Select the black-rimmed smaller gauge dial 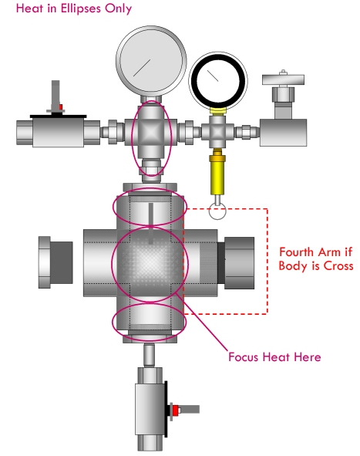tap(218, 80)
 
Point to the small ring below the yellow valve tap(217, 211)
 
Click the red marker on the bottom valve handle tap(175, 410)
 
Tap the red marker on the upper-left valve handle tap(61, 107)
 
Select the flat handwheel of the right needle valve tap(283, 79)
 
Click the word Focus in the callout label tap(243, 356)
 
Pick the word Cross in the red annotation tap(338, 265)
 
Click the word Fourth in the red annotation tap(298, 252)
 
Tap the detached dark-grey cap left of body tap(56, 262)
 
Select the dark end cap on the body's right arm tap(236, 263)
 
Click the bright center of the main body tap(150, 263)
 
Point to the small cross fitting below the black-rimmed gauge tap(217, 132)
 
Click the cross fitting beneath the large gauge tap(151, 133)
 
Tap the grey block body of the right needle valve tap(283, 132)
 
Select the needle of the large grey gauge tap(142, 68)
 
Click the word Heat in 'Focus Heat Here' tap(276, 356)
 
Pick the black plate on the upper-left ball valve tap(58, 117)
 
